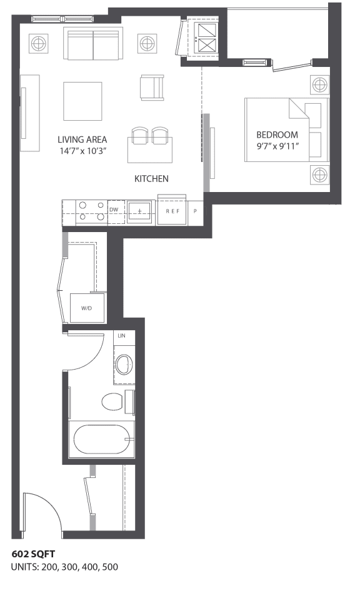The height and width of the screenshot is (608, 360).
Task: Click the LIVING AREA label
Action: coord(82,139)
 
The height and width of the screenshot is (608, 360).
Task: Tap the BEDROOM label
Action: coord(277,134)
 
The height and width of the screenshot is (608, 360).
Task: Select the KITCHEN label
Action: coord(151,179)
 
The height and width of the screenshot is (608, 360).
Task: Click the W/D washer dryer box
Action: coord(86,308)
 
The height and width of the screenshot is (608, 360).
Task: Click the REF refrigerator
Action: coord(172,211)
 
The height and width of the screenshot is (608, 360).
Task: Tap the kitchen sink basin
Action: coord(139,211)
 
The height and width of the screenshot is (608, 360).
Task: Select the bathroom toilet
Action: coord(113,401)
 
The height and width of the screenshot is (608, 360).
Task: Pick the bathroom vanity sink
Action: coord(125,364)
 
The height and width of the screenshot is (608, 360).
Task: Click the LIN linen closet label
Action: coord(121,337)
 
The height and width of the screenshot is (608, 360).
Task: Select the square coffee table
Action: coord(82,101)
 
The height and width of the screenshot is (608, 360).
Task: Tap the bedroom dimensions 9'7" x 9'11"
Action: coord(277,146)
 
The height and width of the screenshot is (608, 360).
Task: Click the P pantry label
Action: coord(195,211)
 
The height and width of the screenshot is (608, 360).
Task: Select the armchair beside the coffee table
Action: coord(152,87)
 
